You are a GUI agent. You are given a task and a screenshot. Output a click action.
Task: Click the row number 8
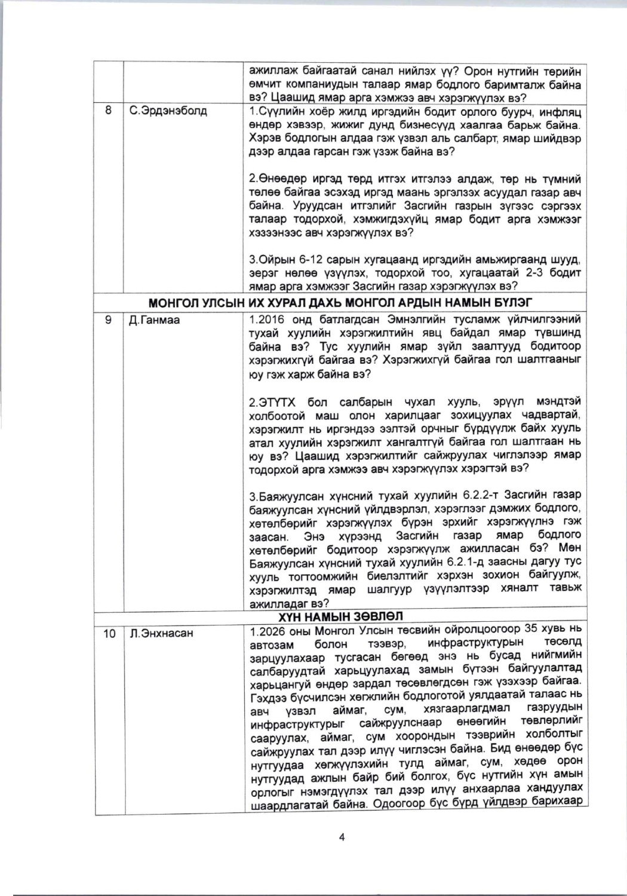[108, 111]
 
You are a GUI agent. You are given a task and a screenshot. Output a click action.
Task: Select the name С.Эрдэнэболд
[168, 112]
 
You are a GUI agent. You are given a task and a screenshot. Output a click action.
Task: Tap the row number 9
[108, 320]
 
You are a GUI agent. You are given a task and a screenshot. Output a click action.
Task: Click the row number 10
[109, 633]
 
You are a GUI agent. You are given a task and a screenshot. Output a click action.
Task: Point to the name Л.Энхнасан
[162, 633]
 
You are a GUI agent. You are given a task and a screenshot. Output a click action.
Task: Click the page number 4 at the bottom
[342, 837]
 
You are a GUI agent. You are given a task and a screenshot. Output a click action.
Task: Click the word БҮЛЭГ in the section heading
[511, 303]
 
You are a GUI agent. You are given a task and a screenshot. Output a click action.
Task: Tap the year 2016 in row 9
[272, 320]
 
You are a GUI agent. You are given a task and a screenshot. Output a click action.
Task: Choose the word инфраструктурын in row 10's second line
[475, 643]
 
